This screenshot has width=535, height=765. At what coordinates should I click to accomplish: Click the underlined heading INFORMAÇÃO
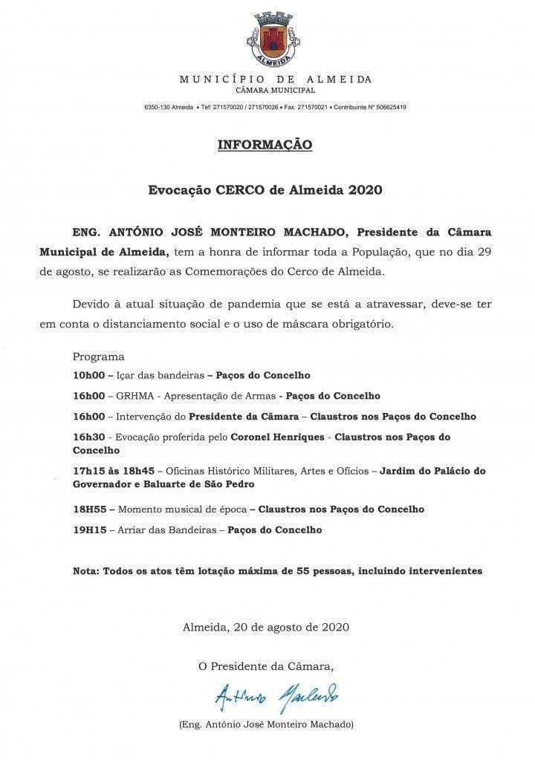[265, 145]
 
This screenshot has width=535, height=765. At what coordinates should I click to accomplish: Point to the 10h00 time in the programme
[92, 375]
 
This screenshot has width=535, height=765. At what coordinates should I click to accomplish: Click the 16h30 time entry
[92, 437]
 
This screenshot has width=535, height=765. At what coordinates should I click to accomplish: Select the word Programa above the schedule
[99, 357]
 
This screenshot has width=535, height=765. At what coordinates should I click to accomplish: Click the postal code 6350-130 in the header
[157, 108]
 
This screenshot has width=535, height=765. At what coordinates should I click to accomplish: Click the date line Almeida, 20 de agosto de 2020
[265, 626]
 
